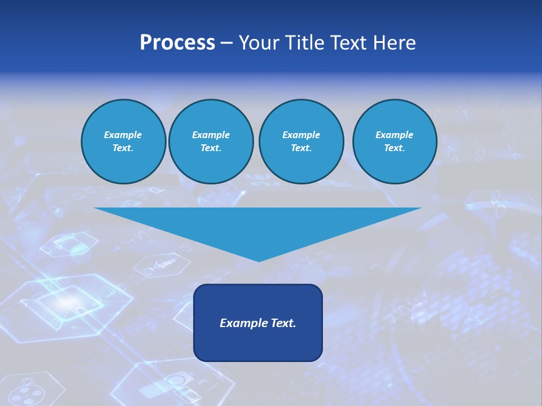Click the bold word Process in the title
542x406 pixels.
(177, 43)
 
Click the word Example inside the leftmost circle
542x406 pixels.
(123, 135)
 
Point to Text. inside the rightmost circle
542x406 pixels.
(394, 148)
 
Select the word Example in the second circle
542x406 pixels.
(211, 135)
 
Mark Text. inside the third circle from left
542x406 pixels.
(301, 148)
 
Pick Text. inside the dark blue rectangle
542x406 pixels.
(282, 323)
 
